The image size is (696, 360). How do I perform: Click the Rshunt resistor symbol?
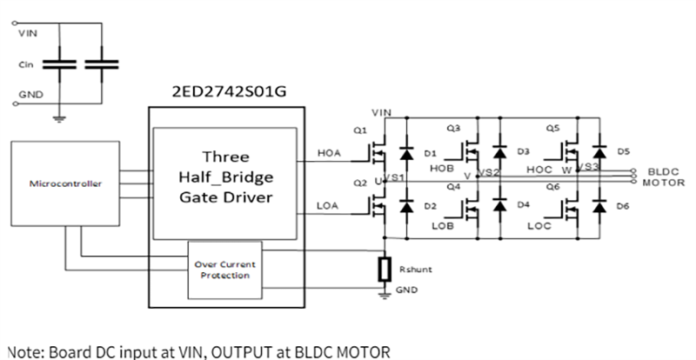click(384, 270)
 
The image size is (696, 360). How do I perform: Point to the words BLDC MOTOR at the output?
click(665, 177)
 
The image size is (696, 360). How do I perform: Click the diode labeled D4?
click(500, 207)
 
